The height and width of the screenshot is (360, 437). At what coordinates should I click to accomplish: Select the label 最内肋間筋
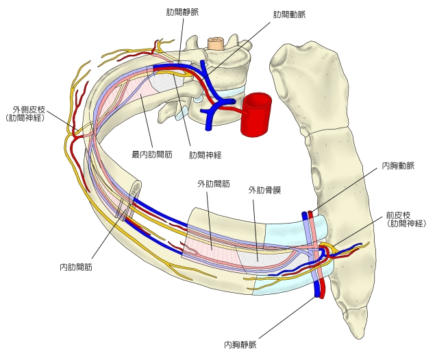coord(150,154)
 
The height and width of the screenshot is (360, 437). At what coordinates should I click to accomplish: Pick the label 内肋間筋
coord(76,267)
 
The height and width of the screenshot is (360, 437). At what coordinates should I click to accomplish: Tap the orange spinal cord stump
coord(216,43)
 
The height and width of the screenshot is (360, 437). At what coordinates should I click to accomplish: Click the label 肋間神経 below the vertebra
coord(207,154)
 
